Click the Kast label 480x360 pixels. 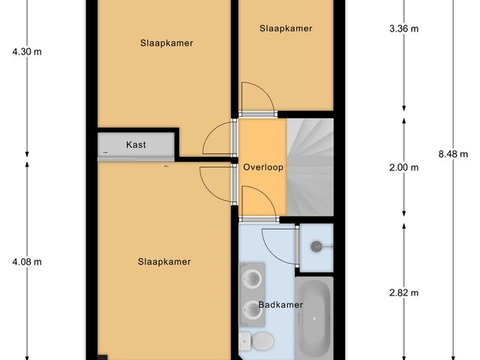point(136,145)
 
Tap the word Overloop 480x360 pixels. point(262,167)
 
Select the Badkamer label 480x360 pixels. point(280,305)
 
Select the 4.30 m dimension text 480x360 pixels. point(26,52)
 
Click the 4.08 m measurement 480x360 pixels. point(26,262)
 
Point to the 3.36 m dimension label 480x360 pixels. point(404,29)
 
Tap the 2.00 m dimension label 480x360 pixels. point(404,167)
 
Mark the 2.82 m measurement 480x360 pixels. point(404,292)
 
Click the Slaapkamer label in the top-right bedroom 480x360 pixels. point(286,28)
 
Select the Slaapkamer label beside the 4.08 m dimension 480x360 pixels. point(164,262)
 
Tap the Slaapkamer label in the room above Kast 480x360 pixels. point(166,43)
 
